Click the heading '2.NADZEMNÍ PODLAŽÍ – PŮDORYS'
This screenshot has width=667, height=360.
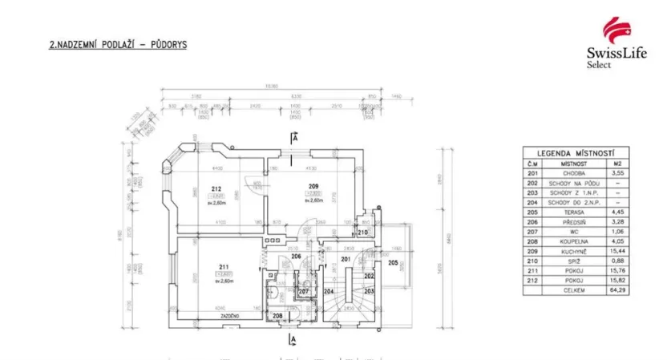(118, 46)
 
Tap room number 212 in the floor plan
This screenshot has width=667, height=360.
(216, 189)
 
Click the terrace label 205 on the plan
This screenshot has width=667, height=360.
(393, 261)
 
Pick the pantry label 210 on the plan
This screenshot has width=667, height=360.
(363, 233)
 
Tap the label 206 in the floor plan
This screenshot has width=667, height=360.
(295, 257)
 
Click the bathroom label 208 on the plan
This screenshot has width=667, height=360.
(277, 316)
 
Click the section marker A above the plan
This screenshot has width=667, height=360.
(295, 137)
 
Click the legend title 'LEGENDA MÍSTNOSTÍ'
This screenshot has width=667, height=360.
(576, 153)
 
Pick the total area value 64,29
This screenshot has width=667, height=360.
(616, 291)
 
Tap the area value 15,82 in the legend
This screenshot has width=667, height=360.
(616, 281)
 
